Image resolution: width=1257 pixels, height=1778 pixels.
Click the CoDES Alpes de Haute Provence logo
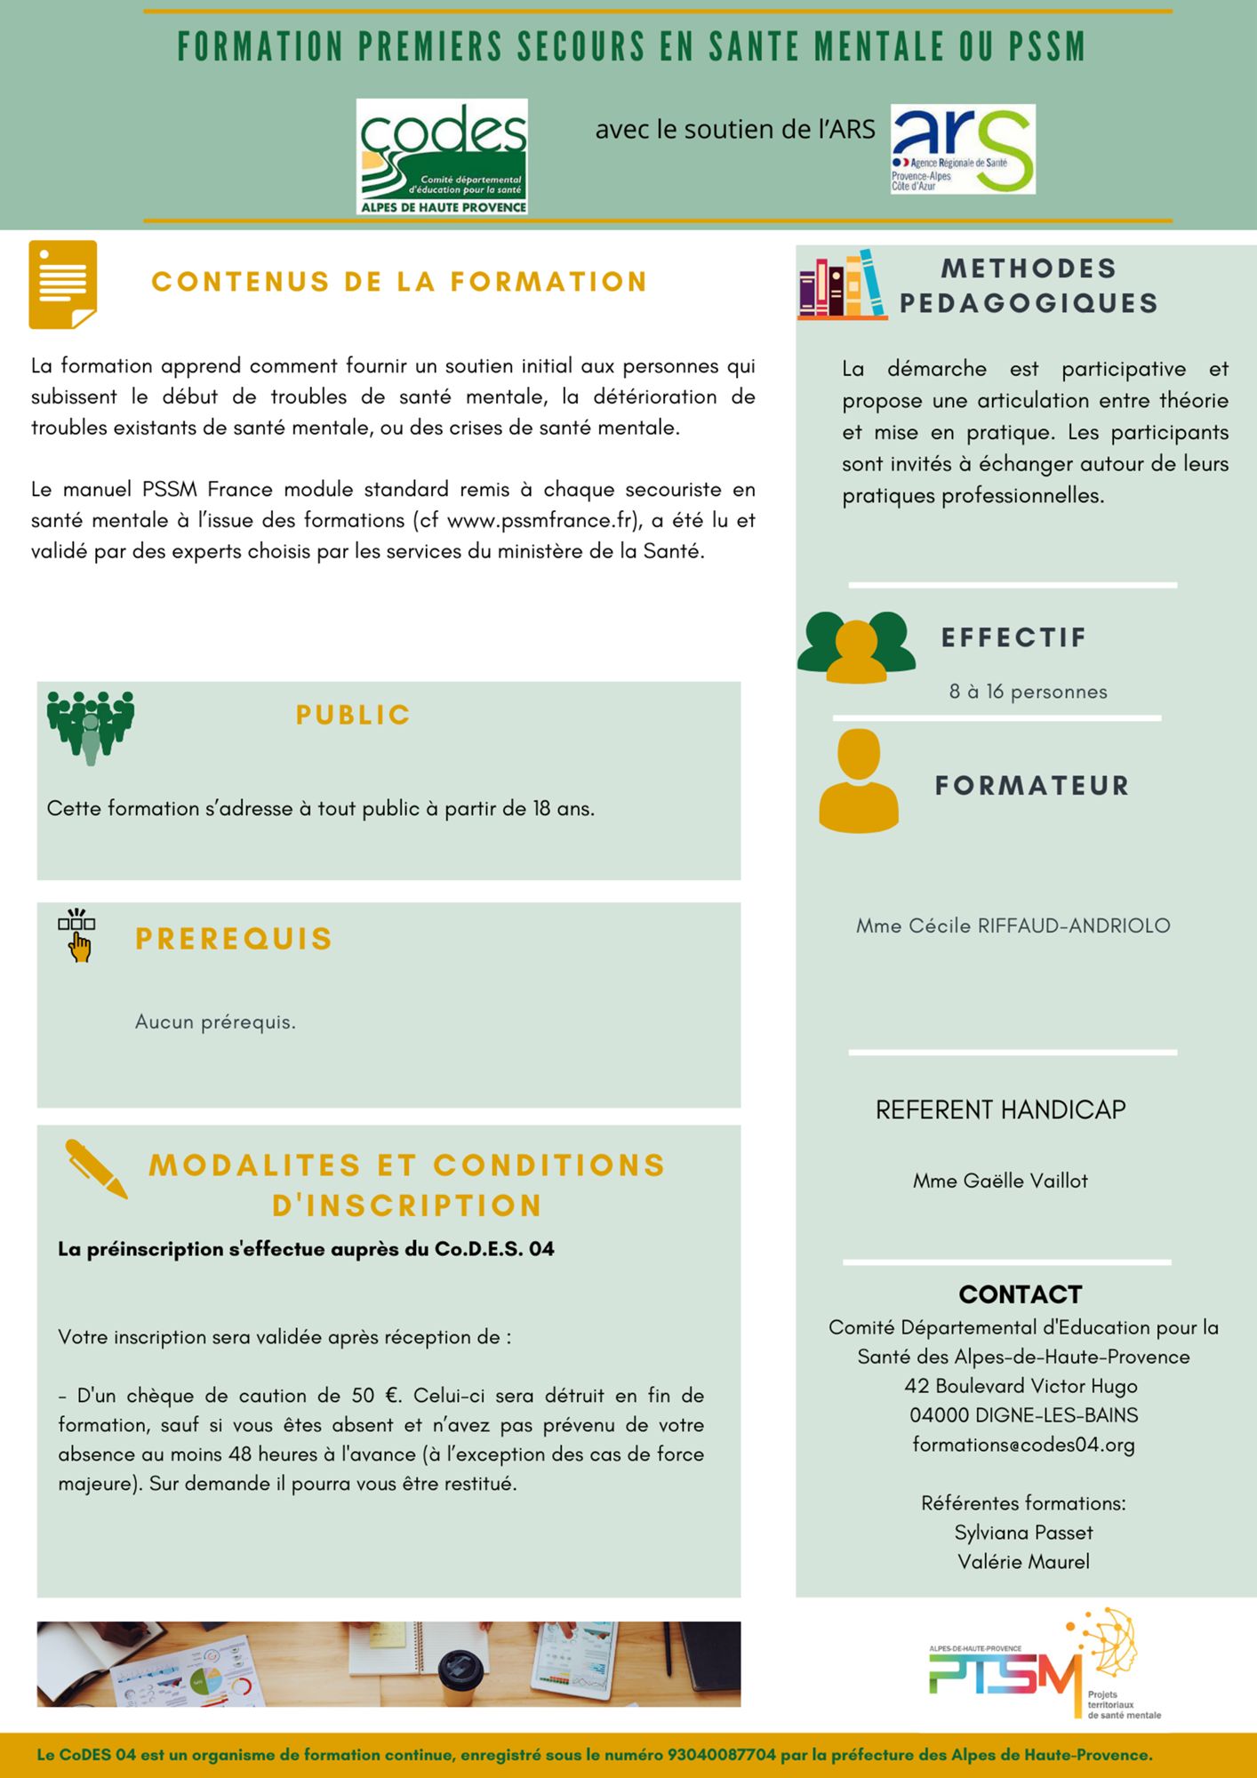pyautogui.click(x=442, y=156)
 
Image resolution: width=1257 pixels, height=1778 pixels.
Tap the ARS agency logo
pyautogui.click(x=963, y=149)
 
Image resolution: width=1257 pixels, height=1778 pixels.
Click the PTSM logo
pyautogui.click(x=1045, y=1665)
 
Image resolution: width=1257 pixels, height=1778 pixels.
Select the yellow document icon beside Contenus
pyautogui.click(x=63, y=284)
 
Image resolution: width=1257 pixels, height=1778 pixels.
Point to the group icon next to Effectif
pyautogui.click(x=856, y=646)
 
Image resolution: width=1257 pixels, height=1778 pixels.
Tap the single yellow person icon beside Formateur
pyautogui.click(x=858, y=781)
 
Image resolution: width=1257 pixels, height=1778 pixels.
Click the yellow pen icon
pyautogui.click(x=96, y=1168)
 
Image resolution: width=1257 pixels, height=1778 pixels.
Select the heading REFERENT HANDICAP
pyautogui.click(x=1000, y=1109)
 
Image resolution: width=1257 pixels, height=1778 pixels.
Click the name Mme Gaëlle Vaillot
pyautogui.click(x=1000, y=1181)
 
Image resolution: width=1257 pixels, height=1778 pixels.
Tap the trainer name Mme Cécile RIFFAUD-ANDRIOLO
pyautogui.click(x=1013, y=925)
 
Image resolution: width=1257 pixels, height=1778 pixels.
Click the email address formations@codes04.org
pyautogui.click(x=1023, y=1445)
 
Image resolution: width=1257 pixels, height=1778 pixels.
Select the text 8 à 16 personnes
pyautogui.click(x=1028, y=692)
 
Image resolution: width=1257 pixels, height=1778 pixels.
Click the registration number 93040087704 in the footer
pyautogui.click(x=721, y=1755)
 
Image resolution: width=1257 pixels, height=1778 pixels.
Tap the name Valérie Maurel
pyautogui.click(x=1023, y=1562)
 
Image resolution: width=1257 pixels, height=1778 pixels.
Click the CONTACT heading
pyautogui.click(x=1020, y=1294)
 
